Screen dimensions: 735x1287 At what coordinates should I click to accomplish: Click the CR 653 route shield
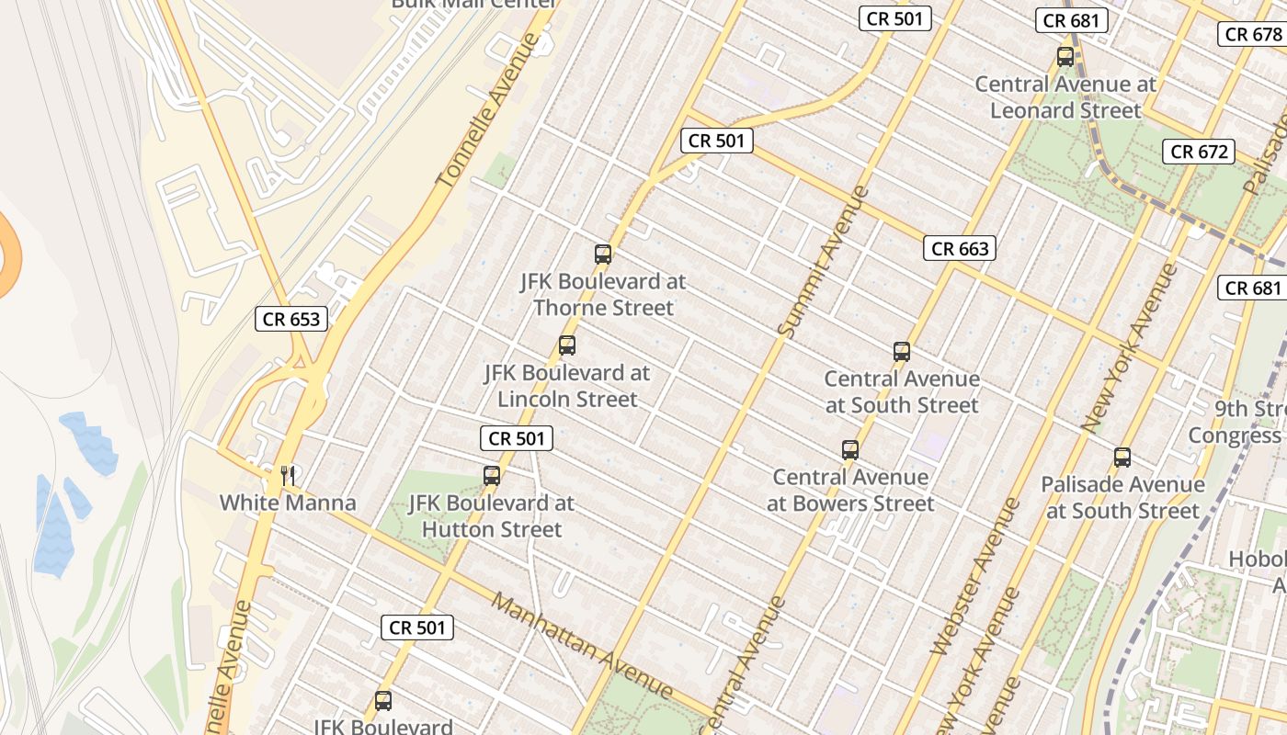click(291, 319)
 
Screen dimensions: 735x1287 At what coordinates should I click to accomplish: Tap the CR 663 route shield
click(960, 248)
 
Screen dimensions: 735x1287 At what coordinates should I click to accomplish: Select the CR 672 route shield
click(1198, 152)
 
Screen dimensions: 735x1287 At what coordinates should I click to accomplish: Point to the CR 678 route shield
click(1253, 35)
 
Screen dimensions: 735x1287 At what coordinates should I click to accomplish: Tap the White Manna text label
click(287, 503)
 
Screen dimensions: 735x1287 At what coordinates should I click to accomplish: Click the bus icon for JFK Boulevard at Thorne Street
click(603, 254)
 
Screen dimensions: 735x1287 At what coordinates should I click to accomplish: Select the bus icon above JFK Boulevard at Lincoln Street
click(567, 346)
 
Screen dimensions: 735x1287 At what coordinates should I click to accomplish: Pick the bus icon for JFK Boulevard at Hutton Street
click(492, 476)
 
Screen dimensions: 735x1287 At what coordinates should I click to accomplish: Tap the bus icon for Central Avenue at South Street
click(902, 352)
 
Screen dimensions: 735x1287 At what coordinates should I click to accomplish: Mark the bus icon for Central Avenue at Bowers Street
click(850, 450)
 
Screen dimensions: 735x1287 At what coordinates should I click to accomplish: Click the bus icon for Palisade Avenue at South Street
click(1122, 458)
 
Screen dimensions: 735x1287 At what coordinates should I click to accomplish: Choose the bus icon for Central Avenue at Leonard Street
click(1065, 57)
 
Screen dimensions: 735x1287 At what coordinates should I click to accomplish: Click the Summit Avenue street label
click(822, 262)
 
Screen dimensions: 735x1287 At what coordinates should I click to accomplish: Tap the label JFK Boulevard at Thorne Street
click(603, 295)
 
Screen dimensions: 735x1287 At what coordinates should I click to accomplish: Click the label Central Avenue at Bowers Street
click(850, 491)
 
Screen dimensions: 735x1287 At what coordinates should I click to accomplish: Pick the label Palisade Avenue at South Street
click(1122, 498)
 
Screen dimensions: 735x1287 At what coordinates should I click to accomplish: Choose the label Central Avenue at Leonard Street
click(1065, 97)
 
